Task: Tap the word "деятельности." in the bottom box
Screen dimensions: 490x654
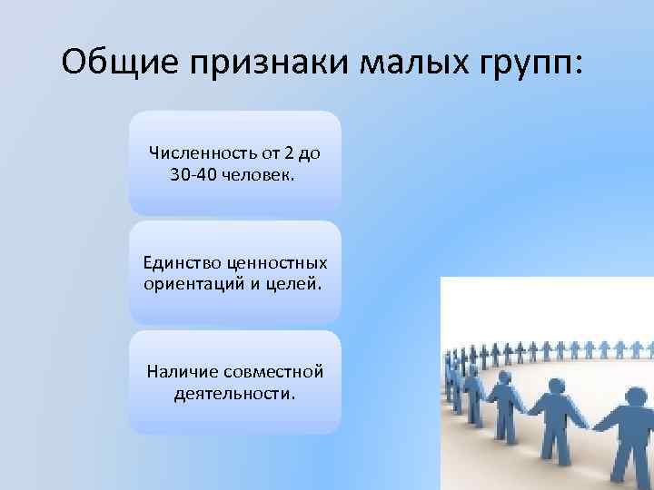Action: [233, 394]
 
